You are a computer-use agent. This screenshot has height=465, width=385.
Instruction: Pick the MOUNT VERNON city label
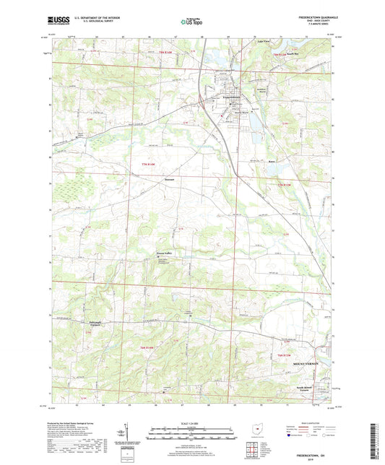[x=306, y=363]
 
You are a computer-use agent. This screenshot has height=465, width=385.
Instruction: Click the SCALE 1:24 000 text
[x=191, y=424]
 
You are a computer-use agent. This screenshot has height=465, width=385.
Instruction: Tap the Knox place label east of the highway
[x=272, y=161]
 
